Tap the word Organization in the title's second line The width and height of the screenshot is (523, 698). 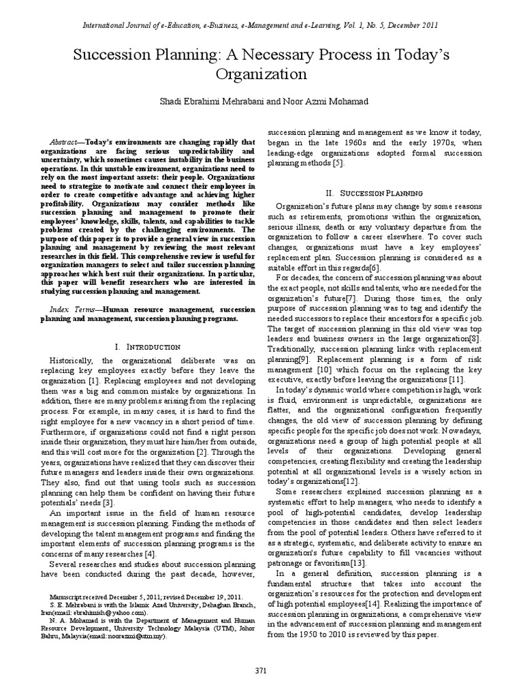[261, 74]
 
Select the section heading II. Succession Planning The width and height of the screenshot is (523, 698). [379, 193]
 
